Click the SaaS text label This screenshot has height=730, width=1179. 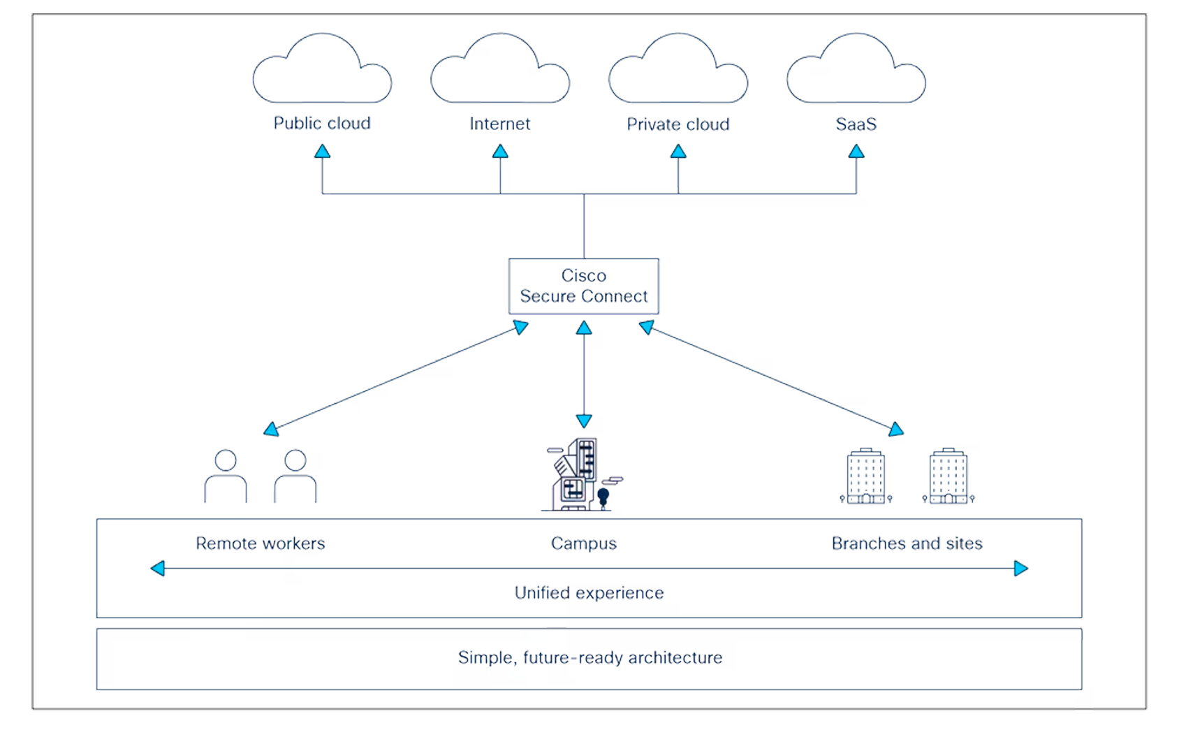pyautogui.click(x=856, y=124)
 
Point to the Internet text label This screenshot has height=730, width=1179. pyautogui.click(x=500, y=124)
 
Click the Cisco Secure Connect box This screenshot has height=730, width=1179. pyautogui.click(x=584, y=286)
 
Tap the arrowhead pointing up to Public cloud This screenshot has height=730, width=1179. pyautogui.click(x=322, y=150)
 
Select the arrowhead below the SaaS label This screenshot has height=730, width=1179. pyautogui.click(x=856, y=150)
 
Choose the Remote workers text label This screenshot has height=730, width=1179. pyautogui.click(x=261, y=543)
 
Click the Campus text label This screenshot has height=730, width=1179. pyautogui.click(x=584, y=543)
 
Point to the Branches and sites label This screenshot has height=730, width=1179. pyautogui.click(x=907, y=543)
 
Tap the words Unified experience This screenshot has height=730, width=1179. pyautogui.click(x=589, y=593)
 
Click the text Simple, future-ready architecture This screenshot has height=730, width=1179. pyautogui.click(x=590, y=657)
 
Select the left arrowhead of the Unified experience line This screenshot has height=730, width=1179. pyautogui.click(x=159, y=569)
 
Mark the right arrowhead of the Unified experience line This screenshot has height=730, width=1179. pyautogui.click(x=1020, y=569)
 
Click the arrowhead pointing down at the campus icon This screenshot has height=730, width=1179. pyautogui.click(x=584, y=421)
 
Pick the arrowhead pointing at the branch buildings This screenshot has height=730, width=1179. pyautogui.click(x=896, y=430)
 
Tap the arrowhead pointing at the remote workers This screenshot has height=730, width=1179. pyautogui.click(x=272, y=428)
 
